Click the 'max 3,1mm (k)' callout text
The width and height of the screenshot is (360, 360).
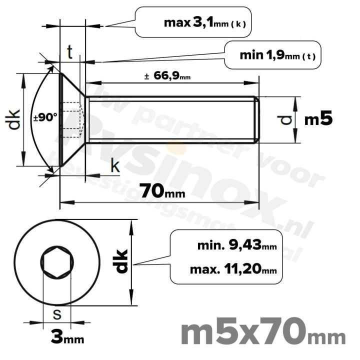[204, 22]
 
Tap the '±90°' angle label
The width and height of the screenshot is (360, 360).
[45, 118]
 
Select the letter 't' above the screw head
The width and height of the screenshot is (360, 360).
[70, 51]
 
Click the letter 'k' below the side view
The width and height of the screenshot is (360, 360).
[115, 166]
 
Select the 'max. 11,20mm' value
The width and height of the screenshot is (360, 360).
[233, 270]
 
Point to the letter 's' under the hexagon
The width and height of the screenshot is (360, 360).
[57, 314]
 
